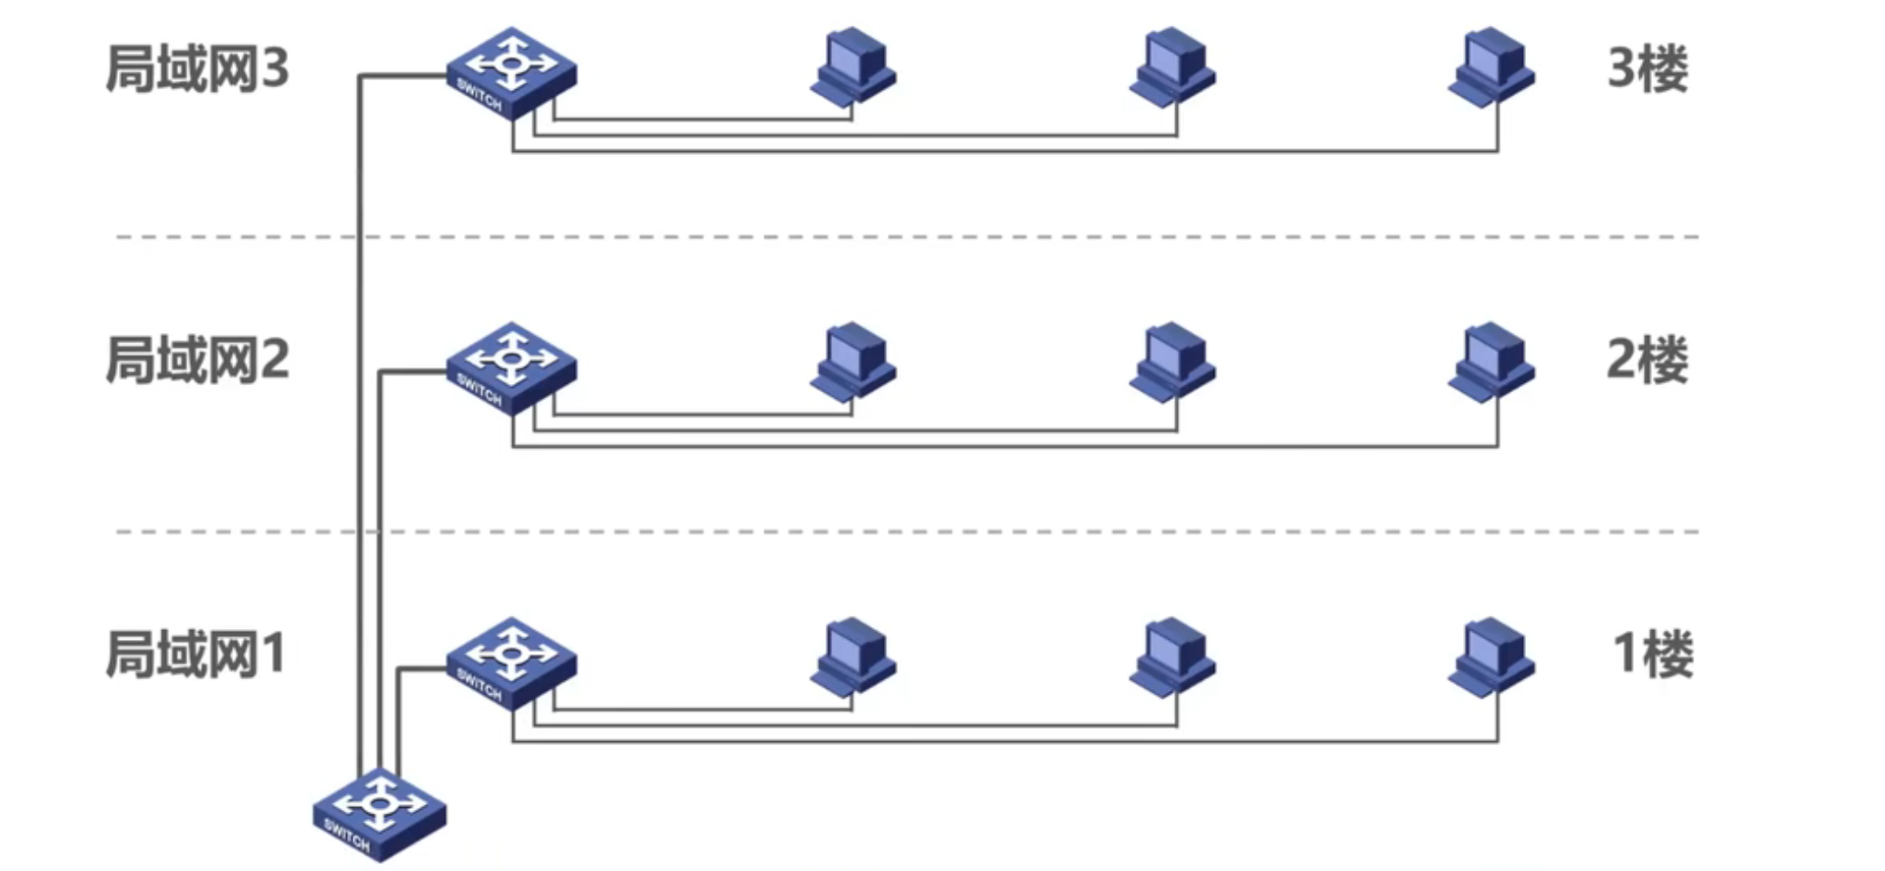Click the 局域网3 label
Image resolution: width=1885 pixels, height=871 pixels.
(x=197, y=69)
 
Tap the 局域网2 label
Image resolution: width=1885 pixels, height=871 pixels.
(x=197, y=360)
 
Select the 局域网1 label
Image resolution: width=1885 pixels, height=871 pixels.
(x=195, y=654)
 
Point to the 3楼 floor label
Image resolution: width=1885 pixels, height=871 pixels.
(x=1648, y=69)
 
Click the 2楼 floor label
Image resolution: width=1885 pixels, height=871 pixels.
(x=1648, y=360)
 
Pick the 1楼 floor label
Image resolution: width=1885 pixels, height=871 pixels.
(x=1653, y=654)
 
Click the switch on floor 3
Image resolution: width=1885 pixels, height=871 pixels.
(x=510, y=72)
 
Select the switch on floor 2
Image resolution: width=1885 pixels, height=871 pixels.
(x=510, y=367)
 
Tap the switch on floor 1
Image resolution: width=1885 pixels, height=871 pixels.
(x=510, y=662)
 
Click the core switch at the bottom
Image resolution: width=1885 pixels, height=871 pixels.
(x=378, y=813)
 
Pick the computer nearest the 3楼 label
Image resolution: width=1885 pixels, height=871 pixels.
(x=1491, y=67)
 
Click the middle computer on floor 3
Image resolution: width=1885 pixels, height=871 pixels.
(x=1172, y=67)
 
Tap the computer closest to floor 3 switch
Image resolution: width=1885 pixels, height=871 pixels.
(x=853, y=67)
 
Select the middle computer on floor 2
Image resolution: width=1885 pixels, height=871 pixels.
(x=1172, y=362)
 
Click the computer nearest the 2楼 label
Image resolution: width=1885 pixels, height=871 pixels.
(x=1491, y=362)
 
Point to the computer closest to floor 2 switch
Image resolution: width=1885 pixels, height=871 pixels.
(x=853, y=362)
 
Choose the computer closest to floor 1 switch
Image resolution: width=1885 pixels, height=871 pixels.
(x=853, y=657)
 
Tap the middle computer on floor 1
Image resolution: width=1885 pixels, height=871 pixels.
(x=1172, y=657)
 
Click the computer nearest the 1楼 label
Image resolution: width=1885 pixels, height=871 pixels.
(x=1491, y=657)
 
